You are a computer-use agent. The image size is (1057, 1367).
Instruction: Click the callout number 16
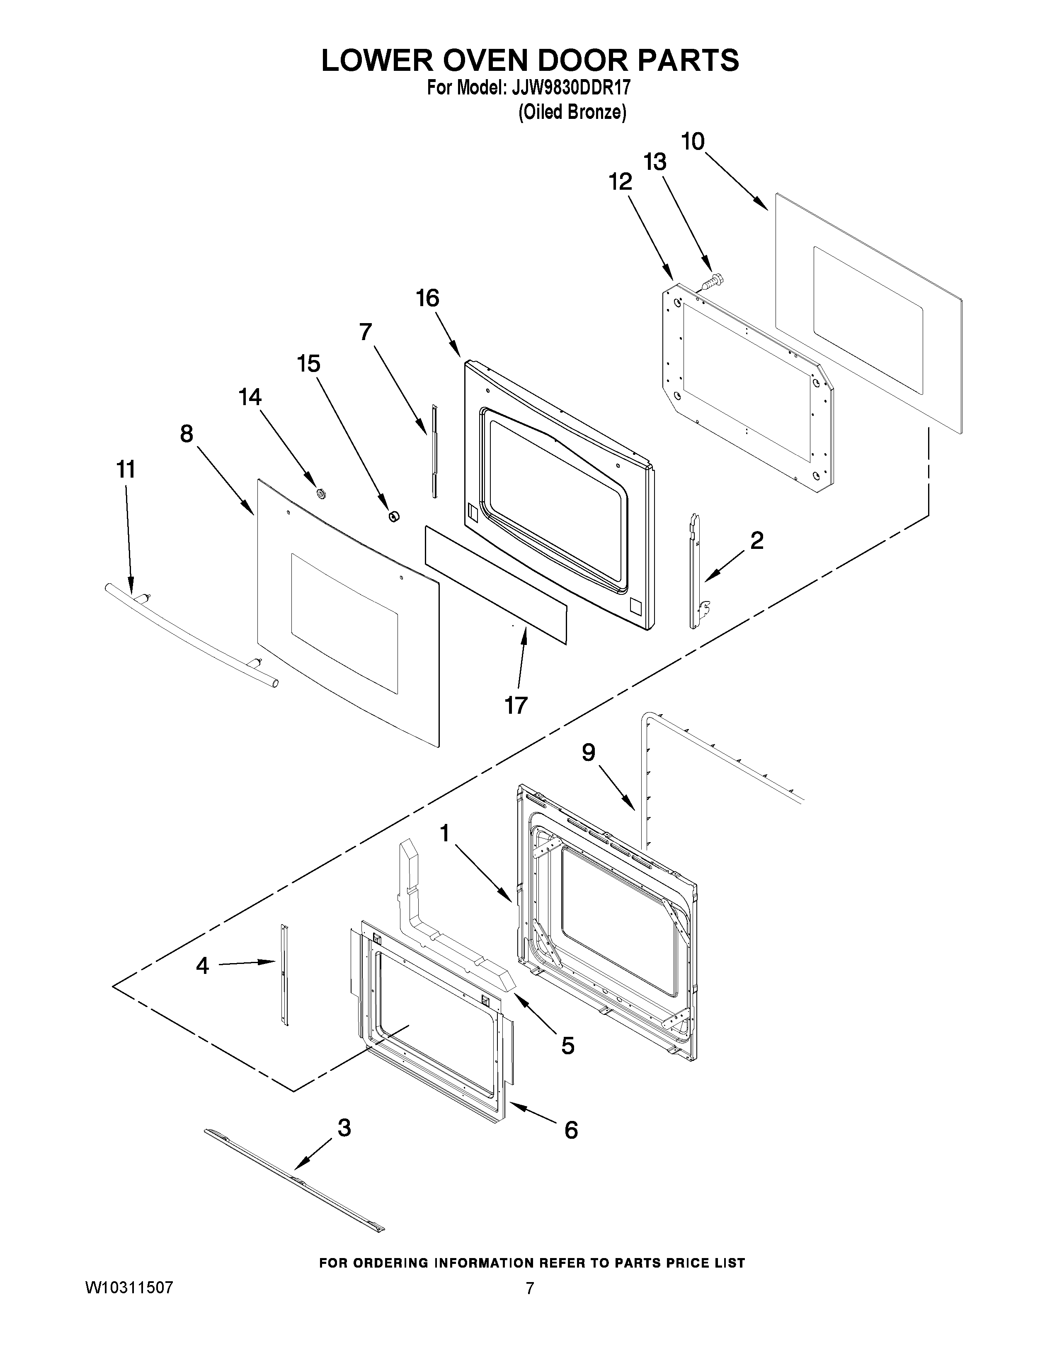[x=428, y=299]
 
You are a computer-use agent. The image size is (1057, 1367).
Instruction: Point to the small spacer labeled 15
[x=394, y=516]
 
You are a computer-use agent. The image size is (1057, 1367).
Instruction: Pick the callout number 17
[x=516, y=705]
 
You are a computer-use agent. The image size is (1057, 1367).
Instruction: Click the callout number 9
[x=589, y=752]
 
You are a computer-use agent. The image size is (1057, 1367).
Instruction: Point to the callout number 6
[x=571, y=1130]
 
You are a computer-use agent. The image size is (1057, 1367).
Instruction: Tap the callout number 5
[x=567, y=1045]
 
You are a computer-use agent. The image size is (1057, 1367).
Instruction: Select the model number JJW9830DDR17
[x=570, y=88]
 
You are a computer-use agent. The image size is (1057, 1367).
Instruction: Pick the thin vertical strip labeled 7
[x=433, y=451]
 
